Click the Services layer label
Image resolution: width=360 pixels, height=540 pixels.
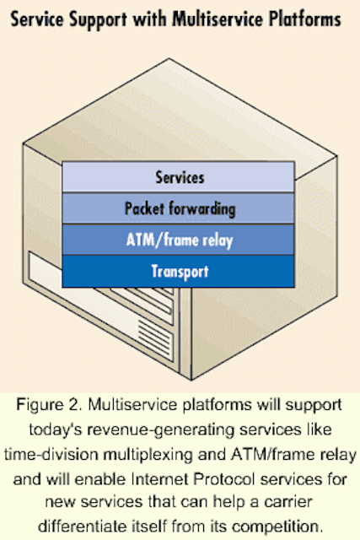[x=180, y=178]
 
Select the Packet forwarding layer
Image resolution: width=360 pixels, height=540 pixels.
[x=178, y=208]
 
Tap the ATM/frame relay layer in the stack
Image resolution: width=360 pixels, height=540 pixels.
[x=178, y=240]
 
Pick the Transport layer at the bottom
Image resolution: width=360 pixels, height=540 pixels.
[x=178, y=271]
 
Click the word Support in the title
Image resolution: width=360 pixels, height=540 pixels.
[x=99, y=20]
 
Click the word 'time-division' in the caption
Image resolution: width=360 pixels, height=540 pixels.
[x=51, y=455]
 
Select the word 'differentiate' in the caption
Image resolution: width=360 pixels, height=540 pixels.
[x=83, y=526]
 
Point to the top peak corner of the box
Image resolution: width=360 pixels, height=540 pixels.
[x=169, y=59]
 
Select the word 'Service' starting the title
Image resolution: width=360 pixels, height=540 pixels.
[x=38, y=19]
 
